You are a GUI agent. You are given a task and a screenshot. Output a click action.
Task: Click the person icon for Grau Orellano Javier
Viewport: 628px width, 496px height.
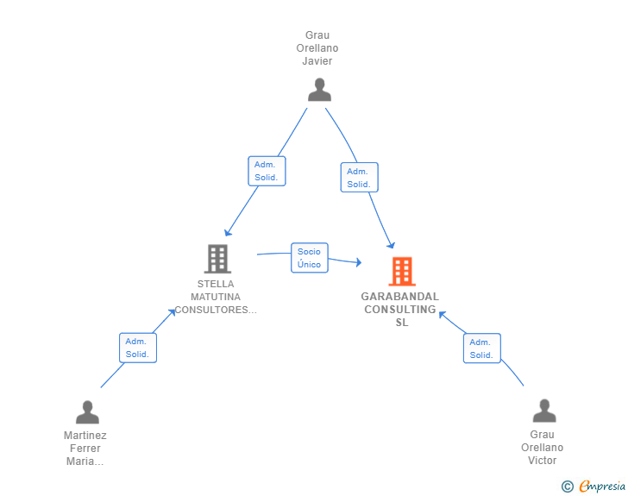tap(319, 90)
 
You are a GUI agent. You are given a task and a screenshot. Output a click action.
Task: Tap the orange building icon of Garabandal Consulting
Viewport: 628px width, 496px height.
tap(401, 272)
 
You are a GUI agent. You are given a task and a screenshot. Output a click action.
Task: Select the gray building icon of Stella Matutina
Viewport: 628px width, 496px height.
tap(217, 258)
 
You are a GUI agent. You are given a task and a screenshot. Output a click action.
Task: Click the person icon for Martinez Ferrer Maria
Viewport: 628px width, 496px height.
tap(87, 412)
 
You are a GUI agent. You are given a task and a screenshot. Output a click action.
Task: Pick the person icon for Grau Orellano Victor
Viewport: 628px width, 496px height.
tap(543, 411)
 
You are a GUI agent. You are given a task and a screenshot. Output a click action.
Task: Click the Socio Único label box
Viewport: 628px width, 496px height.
tap(309, 258)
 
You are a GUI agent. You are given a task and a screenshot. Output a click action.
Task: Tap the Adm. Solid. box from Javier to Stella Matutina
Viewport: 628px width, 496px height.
tap(267, 171)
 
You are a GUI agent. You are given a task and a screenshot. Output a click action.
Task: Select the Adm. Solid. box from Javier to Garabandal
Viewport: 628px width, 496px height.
tap(359, 177)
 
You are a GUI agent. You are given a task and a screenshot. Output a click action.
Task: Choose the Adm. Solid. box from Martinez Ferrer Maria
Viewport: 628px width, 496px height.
tap(137, 348)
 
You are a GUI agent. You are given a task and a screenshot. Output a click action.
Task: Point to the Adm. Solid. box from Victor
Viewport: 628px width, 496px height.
tap(481, 348)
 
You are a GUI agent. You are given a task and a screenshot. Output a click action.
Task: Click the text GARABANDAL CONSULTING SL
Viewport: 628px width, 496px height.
tap(400, 310)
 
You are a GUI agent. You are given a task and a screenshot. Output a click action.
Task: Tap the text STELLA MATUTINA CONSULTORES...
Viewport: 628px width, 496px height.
tap(216, 297)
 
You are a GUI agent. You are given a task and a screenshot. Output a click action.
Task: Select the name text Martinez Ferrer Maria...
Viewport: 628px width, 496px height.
tap(85, 448)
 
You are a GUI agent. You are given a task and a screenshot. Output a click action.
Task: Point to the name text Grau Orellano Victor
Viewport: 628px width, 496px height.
tap(543, 447)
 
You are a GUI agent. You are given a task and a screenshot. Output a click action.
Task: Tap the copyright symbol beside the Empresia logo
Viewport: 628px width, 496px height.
tap(568, 487)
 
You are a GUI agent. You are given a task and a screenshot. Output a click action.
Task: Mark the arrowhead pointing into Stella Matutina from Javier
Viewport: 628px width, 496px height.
tap(228, 232)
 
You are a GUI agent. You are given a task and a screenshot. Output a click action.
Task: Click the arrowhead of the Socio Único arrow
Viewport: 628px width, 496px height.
tap(358, 262)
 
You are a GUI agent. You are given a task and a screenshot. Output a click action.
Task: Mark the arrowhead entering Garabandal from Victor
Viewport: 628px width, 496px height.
tap(443, 314)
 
